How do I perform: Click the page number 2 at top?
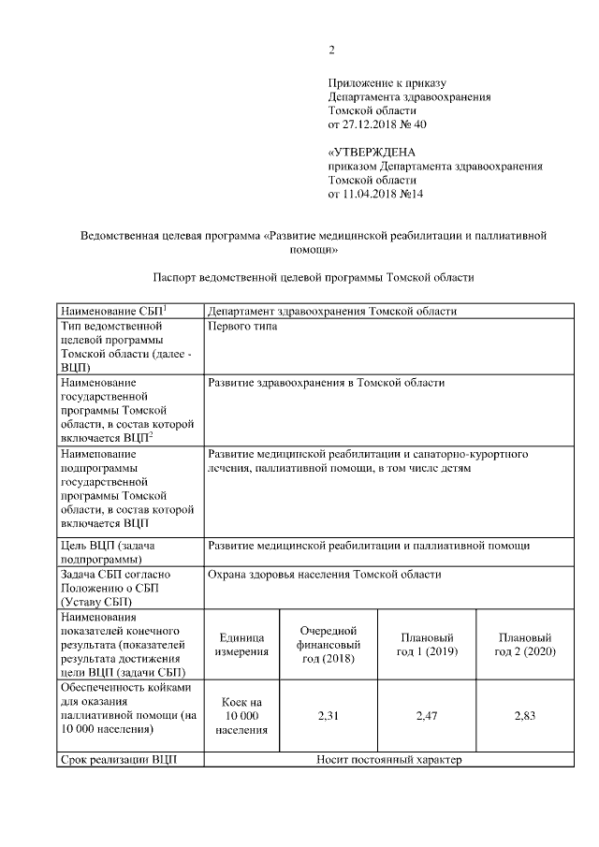tap(331, 50)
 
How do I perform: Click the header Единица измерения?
tap(241, 645)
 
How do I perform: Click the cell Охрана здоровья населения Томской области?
tap(324, 575)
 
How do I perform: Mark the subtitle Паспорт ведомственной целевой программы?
tap(313, 277)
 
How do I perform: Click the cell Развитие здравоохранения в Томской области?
tap(326, 383)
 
